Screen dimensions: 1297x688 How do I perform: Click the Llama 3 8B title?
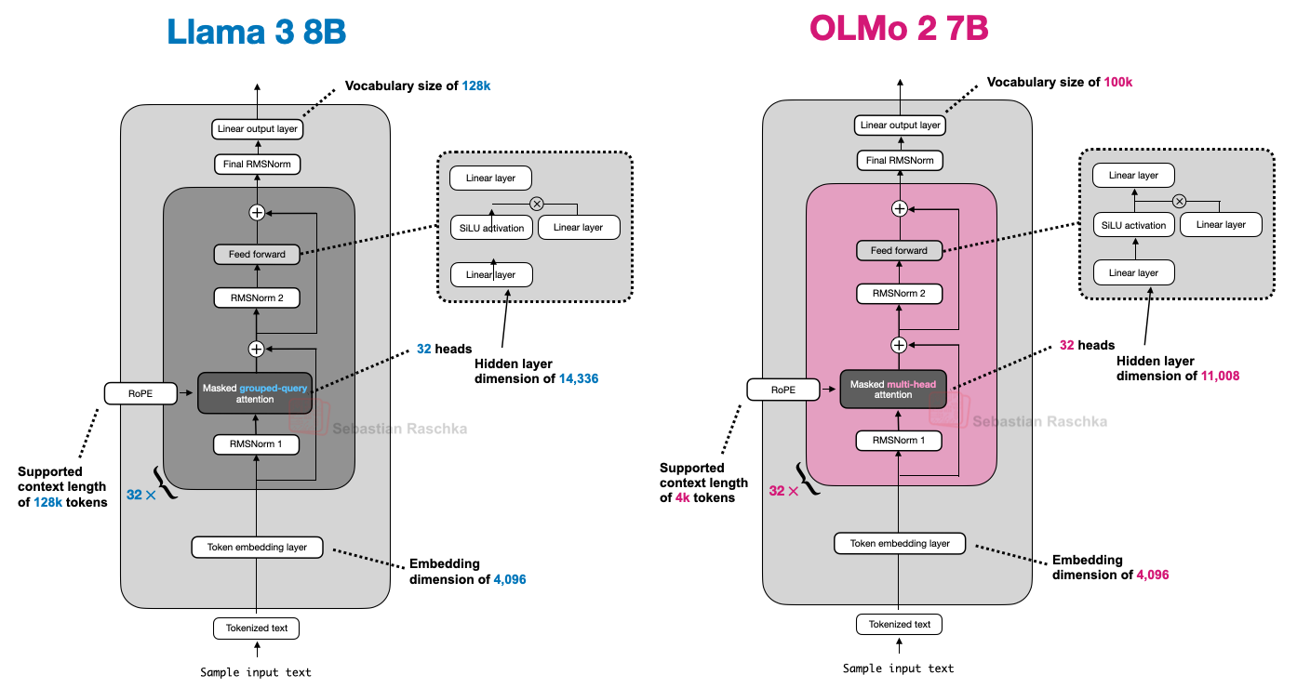pyautogui.click(x=257, y=32)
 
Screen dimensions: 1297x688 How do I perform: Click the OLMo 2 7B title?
pyautogui.click(x=899, y=28)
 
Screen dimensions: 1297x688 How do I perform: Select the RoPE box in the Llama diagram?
pyautogui.click(x=140, y=393)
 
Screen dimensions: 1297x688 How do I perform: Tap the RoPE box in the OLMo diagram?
pyautogui.click(x=782, y=390)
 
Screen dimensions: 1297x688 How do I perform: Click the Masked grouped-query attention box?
pyautogui.click(x=255, y=393)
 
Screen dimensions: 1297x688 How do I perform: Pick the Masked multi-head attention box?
pyautogui.click(x=893, y=389)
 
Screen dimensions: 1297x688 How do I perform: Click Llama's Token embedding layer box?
pyautogui.click(x=257, y=547)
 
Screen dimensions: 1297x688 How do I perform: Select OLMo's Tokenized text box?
pyautogui.click(x=899, y=625)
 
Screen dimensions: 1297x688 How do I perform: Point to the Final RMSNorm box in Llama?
pyautogui.click(x=257, y=165)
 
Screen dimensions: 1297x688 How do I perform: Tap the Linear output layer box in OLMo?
pyautogui.click(x=900, y=125)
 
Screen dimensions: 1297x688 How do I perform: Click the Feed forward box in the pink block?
pyautogui.click(x=899, y=250)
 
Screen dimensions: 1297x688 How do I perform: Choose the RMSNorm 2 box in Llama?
pyautogui.click(x=257, y=298)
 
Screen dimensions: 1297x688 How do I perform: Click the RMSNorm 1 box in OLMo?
pyautogui.click(x=899, y=441)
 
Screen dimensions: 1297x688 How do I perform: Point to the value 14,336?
pyautogui.click(x=579, y=379)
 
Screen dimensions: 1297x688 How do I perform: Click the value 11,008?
pyautogui.click(x=1220, y=377)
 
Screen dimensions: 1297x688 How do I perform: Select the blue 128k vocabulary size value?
pyautogui.click(x=476, y=86)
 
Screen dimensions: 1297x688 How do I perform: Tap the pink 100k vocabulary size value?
pyautogui.click(x=1118, y=82)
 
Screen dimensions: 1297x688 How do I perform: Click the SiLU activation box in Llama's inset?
pyautogui.click(x=491, y=228)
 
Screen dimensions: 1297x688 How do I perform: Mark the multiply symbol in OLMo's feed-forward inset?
pyautogui.click(x=1179, y=201)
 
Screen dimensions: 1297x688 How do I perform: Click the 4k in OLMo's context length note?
pyautogui.click(x=682, y=497)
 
